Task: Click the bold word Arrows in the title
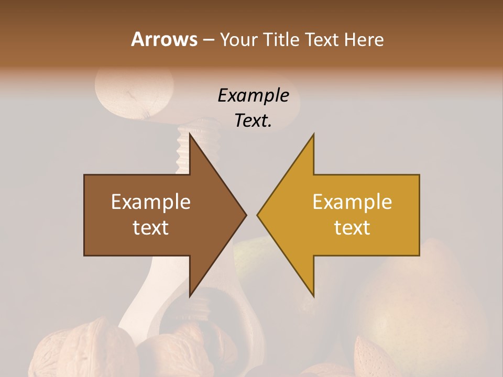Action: tap(164, 39)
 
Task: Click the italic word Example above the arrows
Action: tap(253, 96)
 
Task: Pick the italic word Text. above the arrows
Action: tap(253, 121)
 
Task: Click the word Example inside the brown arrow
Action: tap(151, 202)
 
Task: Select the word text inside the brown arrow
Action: tap(151, 227)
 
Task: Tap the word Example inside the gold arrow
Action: tap(352, 202)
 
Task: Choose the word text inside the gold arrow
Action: tap(352, 227)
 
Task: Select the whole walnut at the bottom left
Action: tap(68, 351)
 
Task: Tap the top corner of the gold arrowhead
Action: tap(313, 135)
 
